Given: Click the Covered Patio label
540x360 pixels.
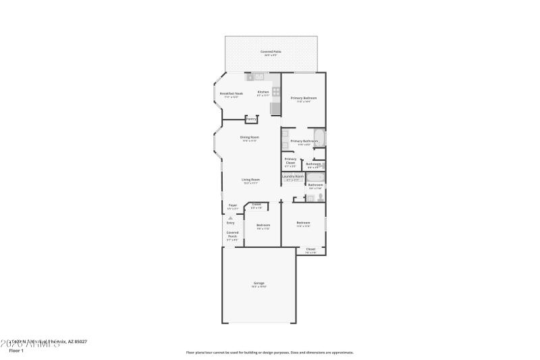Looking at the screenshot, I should click(271, 52).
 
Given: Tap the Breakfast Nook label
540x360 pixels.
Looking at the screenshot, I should click(232, 94).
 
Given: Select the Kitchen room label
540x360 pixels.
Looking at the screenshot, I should click(263, 93).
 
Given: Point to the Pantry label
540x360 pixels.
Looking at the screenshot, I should click(250, 120).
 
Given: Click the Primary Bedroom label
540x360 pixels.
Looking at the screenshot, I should click(304, 99).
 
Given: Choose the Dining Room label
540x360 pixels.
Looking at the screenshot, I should click(250, 138).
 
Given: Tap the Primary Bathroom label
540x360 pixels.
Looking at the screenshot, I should click(304, 141).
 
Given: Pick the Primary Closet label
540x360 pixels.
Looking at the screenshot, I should click(290, 160).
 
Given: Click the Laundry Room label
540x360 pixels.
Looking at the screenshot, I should click(292, 177).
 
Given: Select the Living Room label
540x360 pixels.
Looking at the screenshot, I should click(251, 180).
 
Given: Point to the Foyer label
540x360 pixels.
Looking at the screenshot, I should click(232, 205).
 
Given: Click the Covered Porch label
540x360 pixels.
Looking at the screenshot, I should click(232, 234).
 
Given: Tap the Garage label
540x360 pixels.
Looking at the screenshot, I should click(259, 284).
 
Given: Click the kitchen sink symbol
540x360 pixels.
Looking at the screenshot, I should click(258, 78).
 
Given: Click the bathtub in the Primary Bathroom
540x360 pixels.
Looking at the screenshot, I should click(320, 138).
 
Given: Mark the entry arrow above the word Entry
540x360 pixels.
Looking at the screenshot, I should click(231, 217).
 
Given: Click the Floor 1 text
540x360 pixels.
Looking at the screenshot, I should click(16, 351).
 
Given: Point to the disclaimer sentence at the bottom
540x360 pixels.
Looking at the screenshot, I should click(269, 352).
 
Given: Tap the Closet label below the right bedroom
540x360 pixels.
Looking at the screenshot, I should click(310, 250).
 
